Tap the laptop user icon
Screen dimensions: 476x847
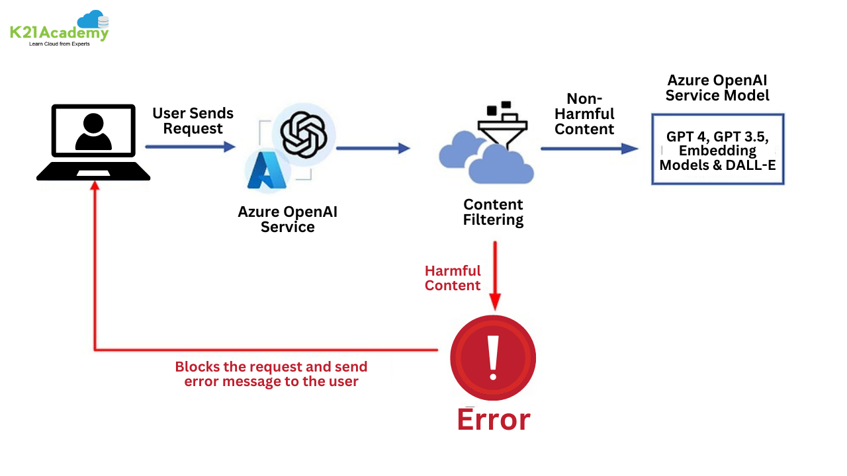(93, 133)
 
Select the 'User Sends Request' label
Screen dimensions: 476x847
(193, 121)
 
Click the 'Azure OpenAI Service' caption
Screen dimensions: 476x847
(287, 219)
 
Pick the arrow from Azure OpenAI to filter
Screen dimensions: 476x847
(373, 148)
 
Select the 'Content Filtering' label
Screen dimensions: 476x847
(493, 212)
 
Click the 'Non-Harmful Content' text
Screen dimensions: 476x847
(584, 114)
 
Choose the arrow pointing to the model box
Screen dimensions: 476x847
(589, 149)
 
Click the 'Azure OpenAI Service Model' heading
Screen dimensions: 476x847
(717, 88)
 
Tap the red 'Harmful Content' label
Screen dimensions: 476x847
(453, 278)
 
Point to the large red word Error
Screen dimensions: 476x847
(493, 420)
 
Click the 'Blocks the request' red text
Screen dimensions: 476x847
(271, 374)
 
